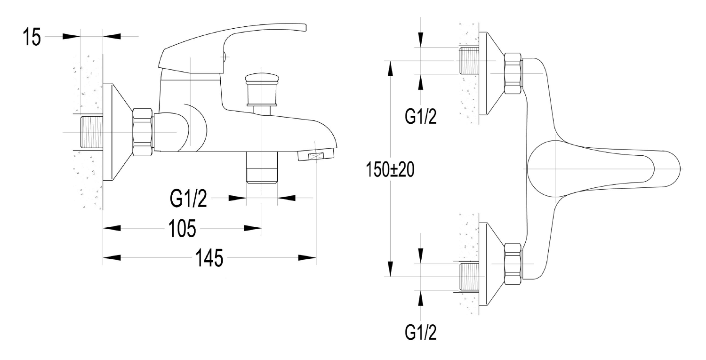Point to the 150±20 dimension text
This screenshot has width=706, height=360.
click(x=390, y=170)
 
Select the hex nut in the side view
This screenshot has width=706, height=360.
click(x=144, y=132)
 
